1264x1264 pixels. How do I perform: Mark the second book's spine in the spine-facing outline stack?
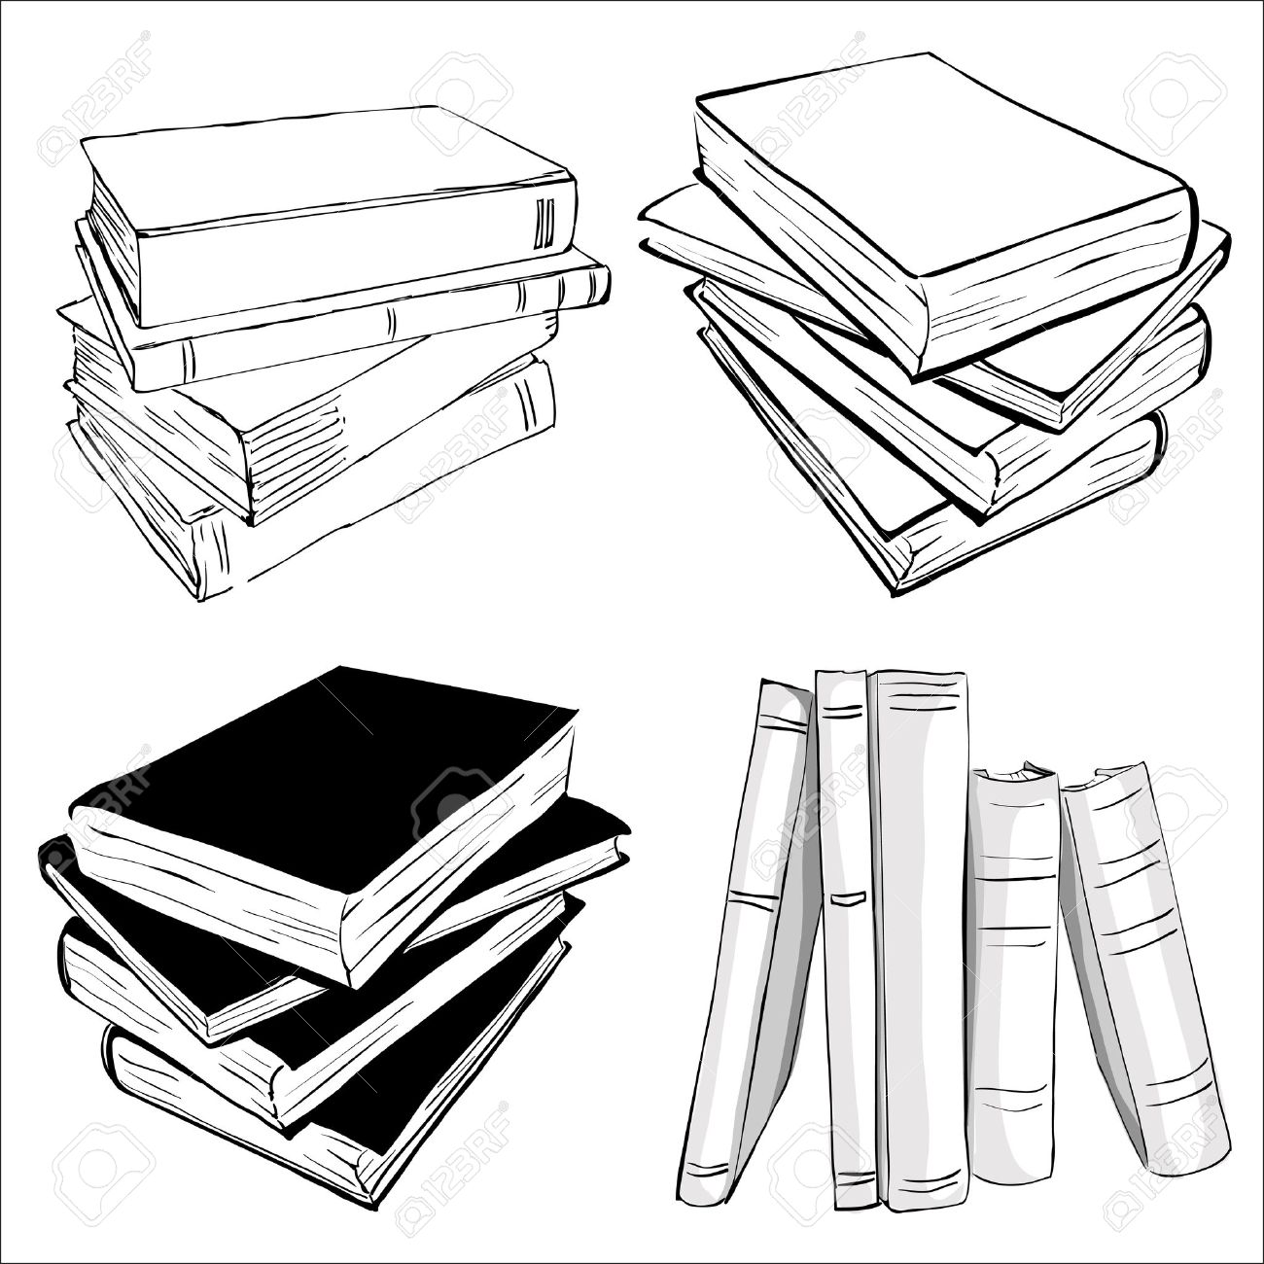point(369,321)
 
